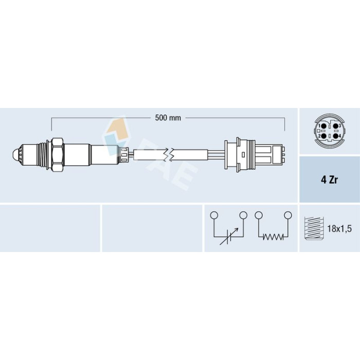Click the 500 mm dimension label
(168, 118)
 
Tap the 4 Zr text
(329, 180)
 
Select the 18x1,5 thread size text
(339, 229)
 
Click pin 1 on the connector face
(323, 126)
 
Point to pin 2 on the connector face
(323, 136)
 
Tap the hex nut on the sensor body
(58, 154)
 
